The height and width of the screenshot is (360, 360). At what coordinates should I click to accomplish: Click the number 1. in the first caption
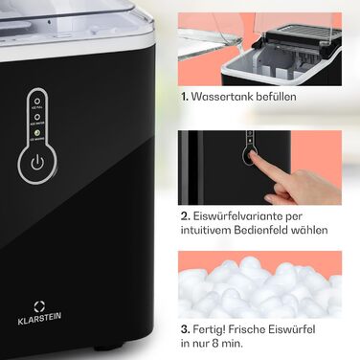coord(184,96)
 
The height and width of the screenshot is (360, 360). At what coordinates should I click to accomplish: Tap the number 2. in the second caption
coord(185,217)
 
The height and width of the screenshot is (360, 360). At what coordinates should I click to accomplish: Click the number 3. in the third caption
coord(185,329)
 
